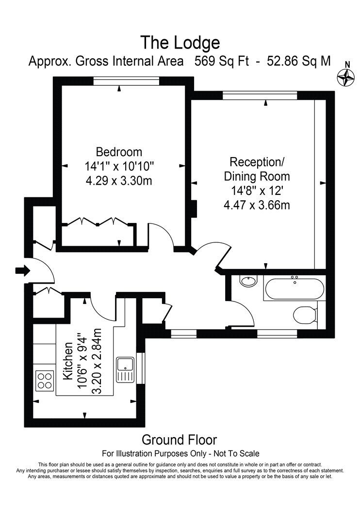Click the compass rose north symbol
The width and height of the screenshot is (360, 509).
click(345, 77)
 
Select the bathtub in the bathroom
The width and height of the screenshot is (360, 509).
click(295, 288)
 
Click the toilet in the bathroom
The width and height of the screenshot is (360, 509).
click(305, 315)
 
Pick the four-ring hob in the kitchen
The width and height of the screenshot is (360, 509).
click(45, 380)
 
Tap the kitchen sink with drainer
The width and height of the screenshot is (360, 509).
click(126, 370)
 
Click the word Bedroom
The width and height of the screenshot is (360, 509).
click(119, 152)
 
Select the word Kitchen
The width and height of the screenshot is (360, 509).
click(68, 361)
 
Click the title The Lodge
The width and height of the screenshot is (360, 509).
click(180, 43)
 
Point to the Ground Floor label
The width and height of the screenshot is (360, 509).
click(180, 440)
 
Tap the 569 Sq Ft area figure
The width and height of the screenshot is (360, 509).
click(222, 61)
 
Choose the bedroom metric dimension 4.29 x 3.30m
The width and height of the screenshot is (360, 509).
click(119, 180)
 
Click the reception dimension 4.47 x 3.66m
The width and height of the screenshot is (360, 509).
click(257, 205)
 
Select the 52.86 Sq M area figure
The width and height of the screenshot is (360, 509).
click(298, 61)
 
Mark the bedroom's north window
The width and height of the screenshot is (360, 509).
click(126, 81)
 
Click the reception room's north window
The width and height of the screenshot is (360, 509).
click(260, 95)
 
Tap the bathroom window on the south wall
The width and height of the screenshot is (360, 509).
click(277, 334)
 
